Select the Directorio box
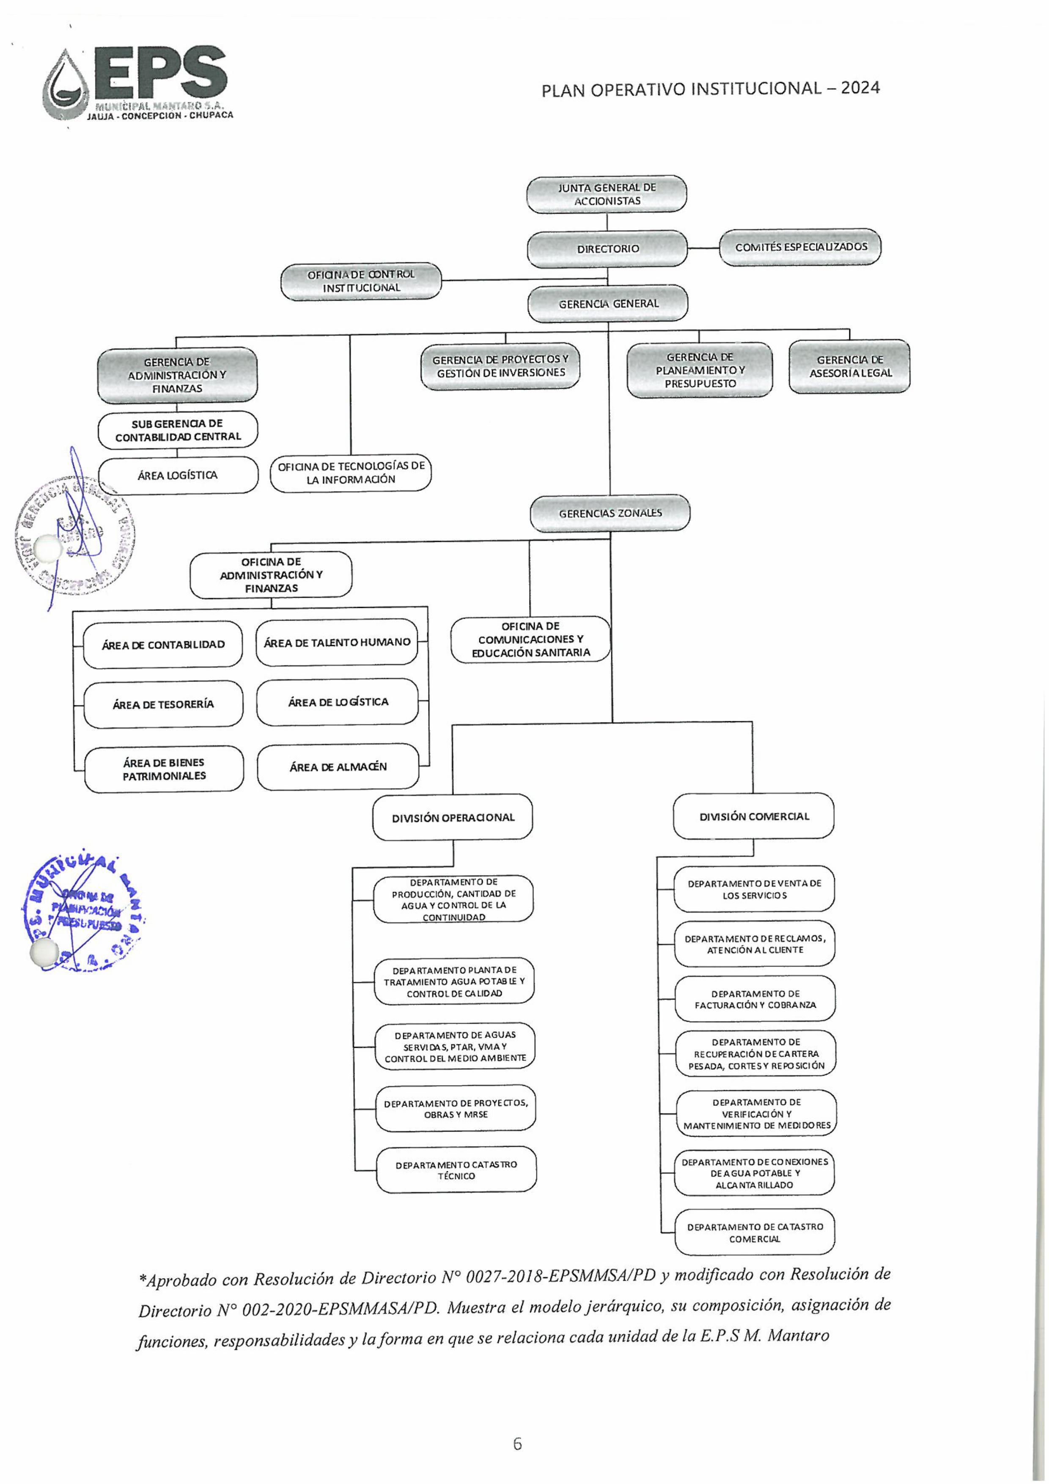[x=607, y=249]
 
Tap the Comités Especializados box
[x=800, y=247]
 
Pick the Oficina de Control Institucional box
[x=361, y=281]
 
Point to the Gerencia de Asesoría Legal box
[x=849, y=366]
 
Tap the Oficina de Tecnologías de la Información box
[x=351, y=473]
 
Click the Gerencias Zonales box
[x=610, y=513]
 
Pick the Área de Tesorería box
[x=164, y=704]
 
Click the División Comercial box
[x=754, y=816]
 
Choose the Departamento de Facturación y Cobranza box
[x=755, y=999]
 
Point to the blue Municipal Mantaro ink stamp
[x=84, y=908]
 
